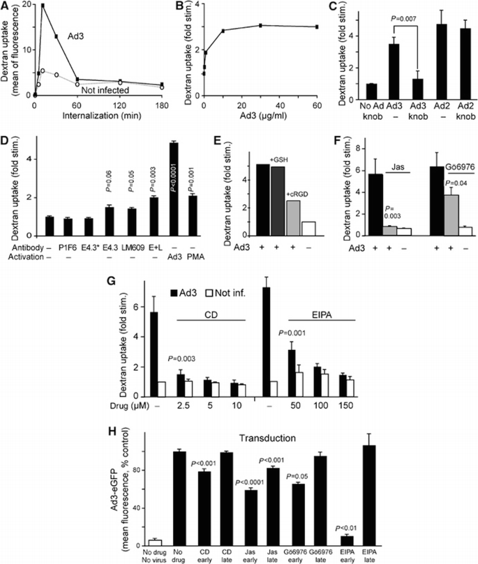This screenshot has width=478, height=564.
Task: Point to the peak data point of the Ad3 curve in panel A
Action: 43,6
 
